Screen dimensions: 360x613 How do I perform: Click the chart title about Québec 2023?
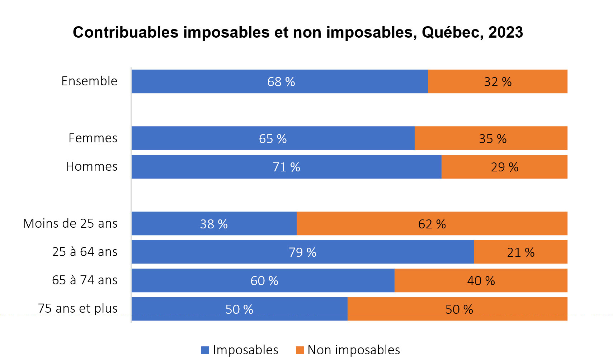point(298,32)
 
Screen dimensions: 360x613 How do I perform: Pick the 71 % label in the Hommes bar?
point(286,167)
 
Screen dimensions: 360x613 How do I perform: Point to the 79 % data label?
point(302,252)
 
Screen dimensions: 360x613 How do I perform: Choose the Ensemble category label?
point(89,81)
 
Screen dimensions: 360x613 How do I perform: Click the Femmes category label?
point(93,138)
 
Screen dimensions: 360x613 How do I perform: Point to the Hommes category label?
point(91,167)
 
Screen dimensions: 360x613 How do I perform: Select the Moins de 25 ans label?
point(70,224)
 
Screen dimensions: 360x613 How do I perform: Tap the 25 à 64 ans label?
point(85,252)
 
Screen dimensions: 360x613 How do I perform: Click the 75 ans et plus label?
point(78,309)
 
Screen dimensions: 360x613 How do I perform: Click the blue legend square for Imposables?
point(205,350)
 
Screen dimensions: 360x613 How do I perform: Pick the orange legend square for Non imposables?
point(300,350)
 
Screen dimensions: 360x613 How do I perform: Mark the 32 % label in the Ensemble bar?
point(498,82)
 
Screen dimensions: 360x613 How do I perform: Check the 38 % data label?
point(214,224)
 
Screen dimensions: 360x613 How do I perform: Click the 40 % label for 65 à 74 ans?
point(481,281)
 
